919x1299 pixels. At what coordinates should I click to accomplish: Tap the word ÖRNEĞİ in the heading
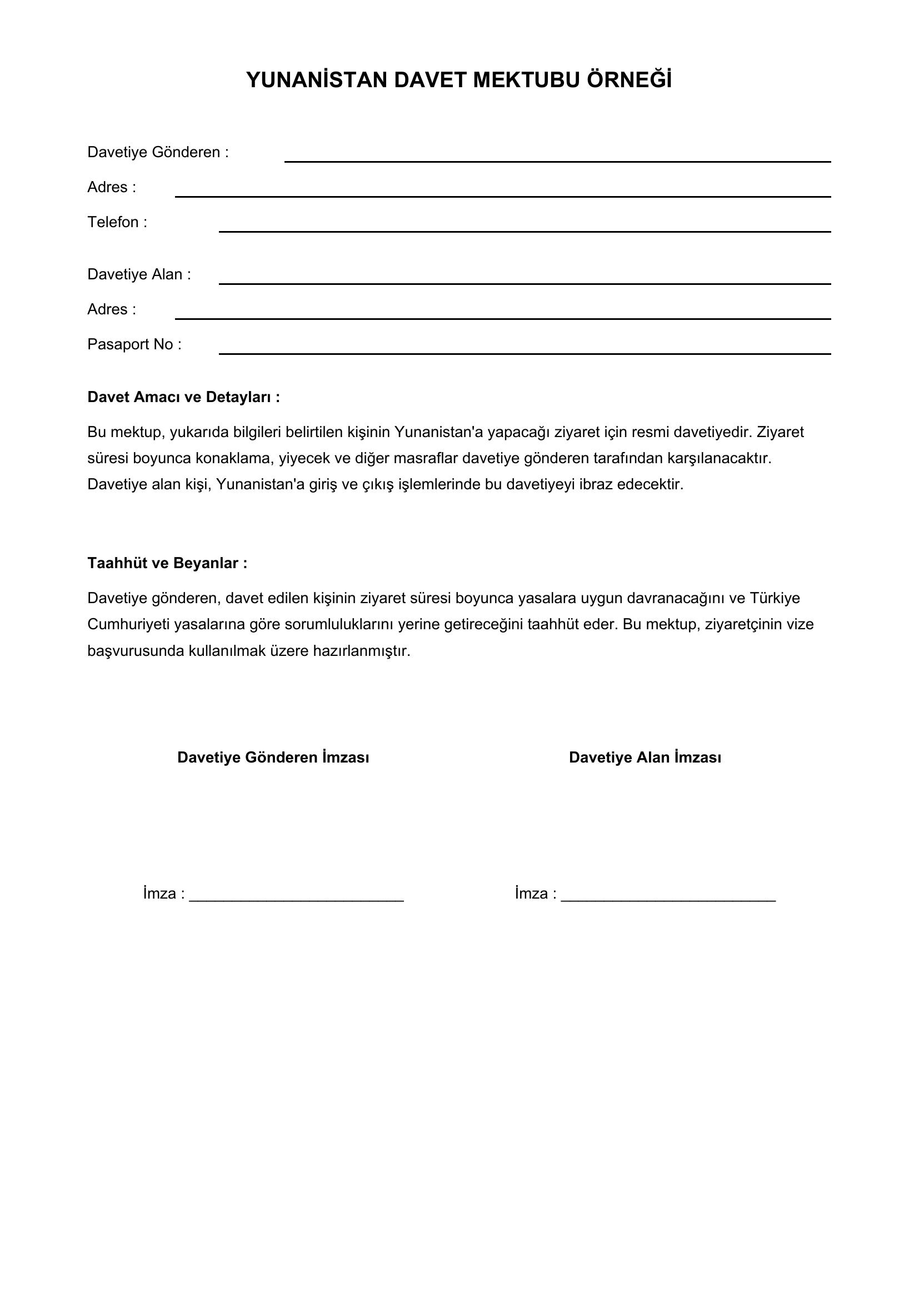pyautogui.click(x=630, y=81)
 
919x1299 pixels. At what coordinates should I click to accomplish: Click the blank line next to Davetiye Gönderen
pyautogui.click(x=557, y=161)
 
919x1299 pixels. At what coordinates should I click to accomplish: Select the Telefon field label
pyautogui.click(x=117, y=222)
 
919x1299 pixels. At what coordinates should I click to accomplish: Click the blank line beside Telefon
pyautogui.click(x=524, y=231)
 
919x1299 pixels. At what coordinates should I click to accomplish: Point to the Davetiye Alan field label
pyautogui.click(x=139, y=274)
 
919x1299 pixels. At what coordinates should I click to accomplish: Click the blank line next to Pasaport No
pyautogui.click(x=524, y=353)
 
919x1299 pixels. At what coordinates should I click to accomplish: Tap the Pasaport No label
pyautogui.click(x=134, y=344)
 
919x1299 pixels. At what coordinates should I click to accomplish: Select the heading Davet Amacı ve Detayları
pyautogui.click(x=183, y=397)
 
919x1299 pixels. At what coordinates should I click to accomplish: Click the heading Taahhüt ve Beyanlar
pyautogui.click(x=167, y=563)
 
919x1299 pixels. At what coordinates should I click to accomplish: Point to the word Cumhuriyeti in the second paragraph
pyautogui.click(x=128, y=625)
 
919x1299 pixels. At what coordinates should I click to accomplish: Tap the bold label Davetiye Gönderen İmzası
pyautogui.click(x=273, y=758)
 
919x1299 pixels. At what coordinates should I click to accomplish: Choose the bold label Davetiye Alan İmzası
pyautogui.click(x=645, y=758)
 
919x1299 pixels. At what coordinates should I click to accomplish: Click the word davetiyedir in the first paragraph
pyautogui.click(x=711, y=432)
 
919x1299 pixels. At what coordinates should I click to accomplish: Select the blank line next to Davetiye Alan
pyautogui.click(x=524, y=283)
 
